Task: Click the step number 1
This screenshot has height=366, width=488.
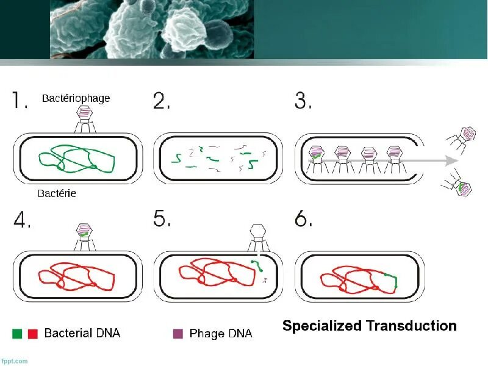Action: coord(20,100)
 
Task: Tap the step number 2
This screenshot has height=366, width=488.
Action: coord(161,100)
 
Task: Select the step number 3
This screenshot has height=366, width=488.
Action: coord(303,100)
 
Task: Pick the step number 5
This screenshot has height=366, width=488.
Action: coord(162,218)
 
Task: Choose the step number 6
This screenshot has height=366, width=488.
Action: coord(303,218)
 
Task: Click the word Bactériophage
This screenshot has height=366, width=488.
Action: coord(76,98)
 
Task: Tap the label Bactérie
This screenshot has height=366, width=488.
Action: coord(56,193)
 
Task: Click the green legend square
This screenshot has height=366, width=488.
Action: coord(17,334)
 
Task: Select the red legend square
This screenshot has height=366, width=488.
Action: coord(33,334)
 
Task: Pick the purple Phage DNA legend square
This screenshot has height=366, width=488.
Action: coord(178,334)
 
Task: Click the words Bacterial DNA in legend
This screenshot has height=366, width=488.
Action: coord(82,333)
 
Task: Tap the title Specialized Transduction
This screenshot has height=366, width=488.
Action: coord(369,326)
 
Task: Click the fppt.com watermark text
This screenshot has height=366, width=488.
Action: coord(14,361)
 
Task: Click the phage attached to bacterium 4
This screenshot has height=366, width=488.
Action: coord(84,236)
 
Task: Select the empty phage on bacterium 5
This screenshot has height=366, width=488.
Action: coord(259,236)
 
